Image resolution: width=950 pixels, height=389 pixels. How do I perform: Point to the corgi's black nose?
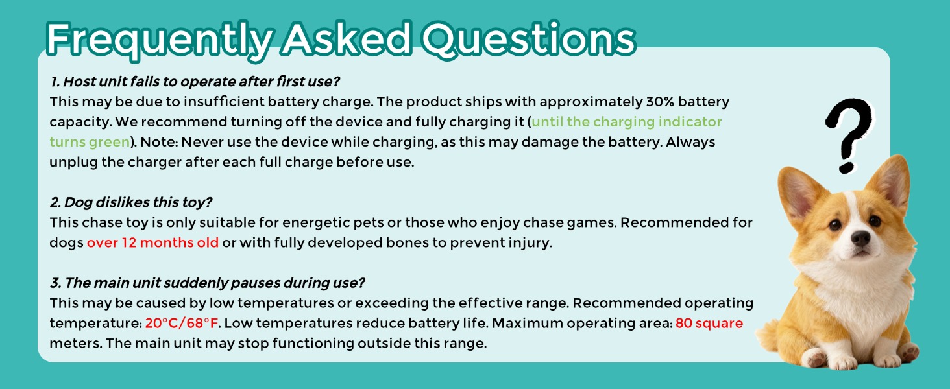click(860, 238)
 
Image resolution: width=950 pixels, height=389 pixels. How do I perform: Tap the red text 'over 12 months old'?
click(152, 243)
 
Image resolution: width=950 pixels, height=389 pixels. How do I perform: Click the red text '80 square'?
click(709, 324)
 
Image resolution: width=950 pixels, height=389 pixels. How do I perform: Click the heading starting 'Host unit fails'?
click(195, 82)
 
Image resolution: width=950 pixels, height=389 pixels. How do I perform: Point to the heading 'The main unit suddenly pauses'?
click(208, 283)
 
